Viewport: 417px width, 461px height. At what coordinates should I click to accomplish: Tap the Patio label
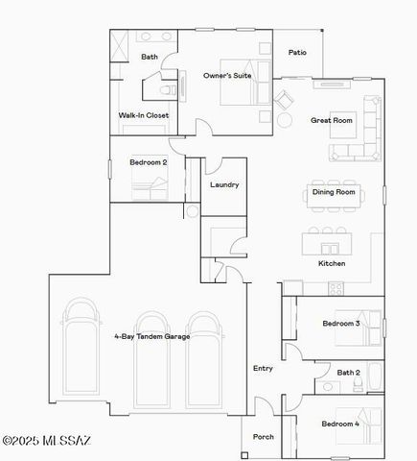click(x=298, y=53)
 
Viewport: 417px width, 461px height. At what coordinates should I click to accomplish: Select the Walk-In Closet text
click(x=144, y=115)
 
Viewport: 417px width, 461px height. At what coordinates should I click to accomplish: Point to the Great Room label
click(x=332, y=121)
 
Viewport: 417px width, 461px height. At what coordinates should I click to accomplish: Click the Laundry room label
click(x=224, y=184)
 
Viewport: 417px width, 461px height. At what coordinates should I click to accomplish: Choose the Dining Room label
click(x=334, y=192)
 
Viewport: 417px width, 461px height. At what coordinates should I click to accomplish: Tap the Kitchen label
click(x=332, y=263)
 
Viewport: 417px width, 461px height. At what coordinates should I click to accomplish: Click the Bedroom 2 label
click(x=149, y=162)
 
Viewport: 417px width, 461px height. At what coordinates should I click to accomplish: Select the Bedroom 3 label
click(x=340, y=324)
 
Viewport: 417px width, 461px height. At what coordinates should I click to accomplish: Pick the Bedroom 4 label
click(x=340, y=424)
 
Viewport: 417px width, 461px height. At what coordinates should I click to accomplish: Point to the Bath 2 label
click(x=348, y=372)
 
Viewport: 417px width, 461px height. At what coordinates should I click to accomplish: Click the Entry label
click(x=263, y=368)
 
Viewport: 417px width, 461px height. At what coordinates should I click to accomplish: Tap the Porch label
click(x=263, y=436)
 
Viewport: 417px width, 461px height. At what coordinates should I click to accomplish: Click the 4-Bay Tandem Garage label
click(x=151, y=336)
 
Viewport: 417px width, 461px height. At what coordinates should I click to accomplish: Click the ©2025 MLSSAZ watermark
click(x=46, y=441)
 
